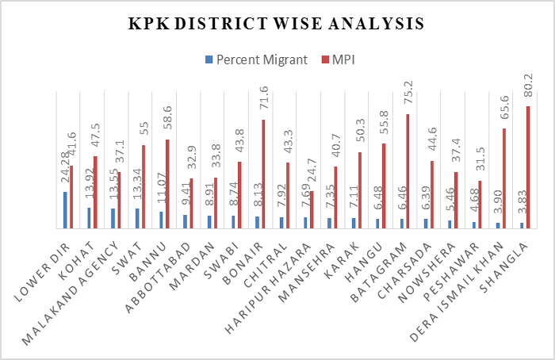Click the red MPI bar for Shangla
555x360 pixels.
pos(528,167)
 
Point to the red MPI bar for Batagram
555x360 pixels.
pos(408,171)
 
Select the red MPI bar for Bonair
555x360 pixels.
pos(263,174)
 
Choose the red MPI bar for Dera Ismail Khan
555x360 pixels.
pos(503,178)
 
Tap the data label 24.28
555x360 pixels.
pos(65,170)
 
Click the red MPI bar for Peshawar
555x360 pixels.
pos(480,205)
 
